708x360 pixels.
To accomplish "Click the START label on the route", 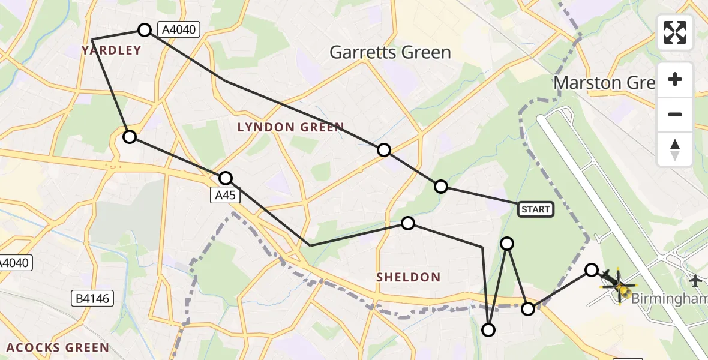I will pos(535,209).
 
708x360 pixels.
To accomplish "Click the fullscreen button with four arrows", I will pos(675,32).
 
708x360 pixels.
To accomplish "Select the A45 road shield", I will pos(226,195).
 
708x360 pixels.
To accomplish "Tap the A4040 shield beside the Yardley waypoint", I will pos(177,29).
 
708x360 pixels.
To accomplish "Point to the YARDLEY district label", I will pos(112,50).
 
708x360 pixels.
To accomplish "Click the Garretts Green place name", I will pos(390,53).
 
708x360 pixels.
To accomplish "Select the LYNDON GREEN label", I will pos(290,127).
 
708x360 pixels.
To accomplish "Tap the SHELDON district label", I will pos(409,277).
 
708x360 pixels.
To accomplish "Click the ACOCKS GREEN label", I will pos(58,348).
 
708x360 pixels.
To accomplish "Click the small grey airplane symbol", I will pos(695,280).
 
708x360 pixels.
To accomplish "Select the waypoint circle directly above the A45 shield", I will pos(226,178).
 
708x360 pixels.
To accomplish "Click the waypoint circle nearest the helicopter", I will pos(592,270).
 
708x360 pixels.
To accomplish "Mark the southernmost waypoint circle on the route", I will pos(488,330).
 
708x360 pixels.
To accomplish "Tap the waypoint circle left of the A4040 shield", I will pos(145,29).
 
